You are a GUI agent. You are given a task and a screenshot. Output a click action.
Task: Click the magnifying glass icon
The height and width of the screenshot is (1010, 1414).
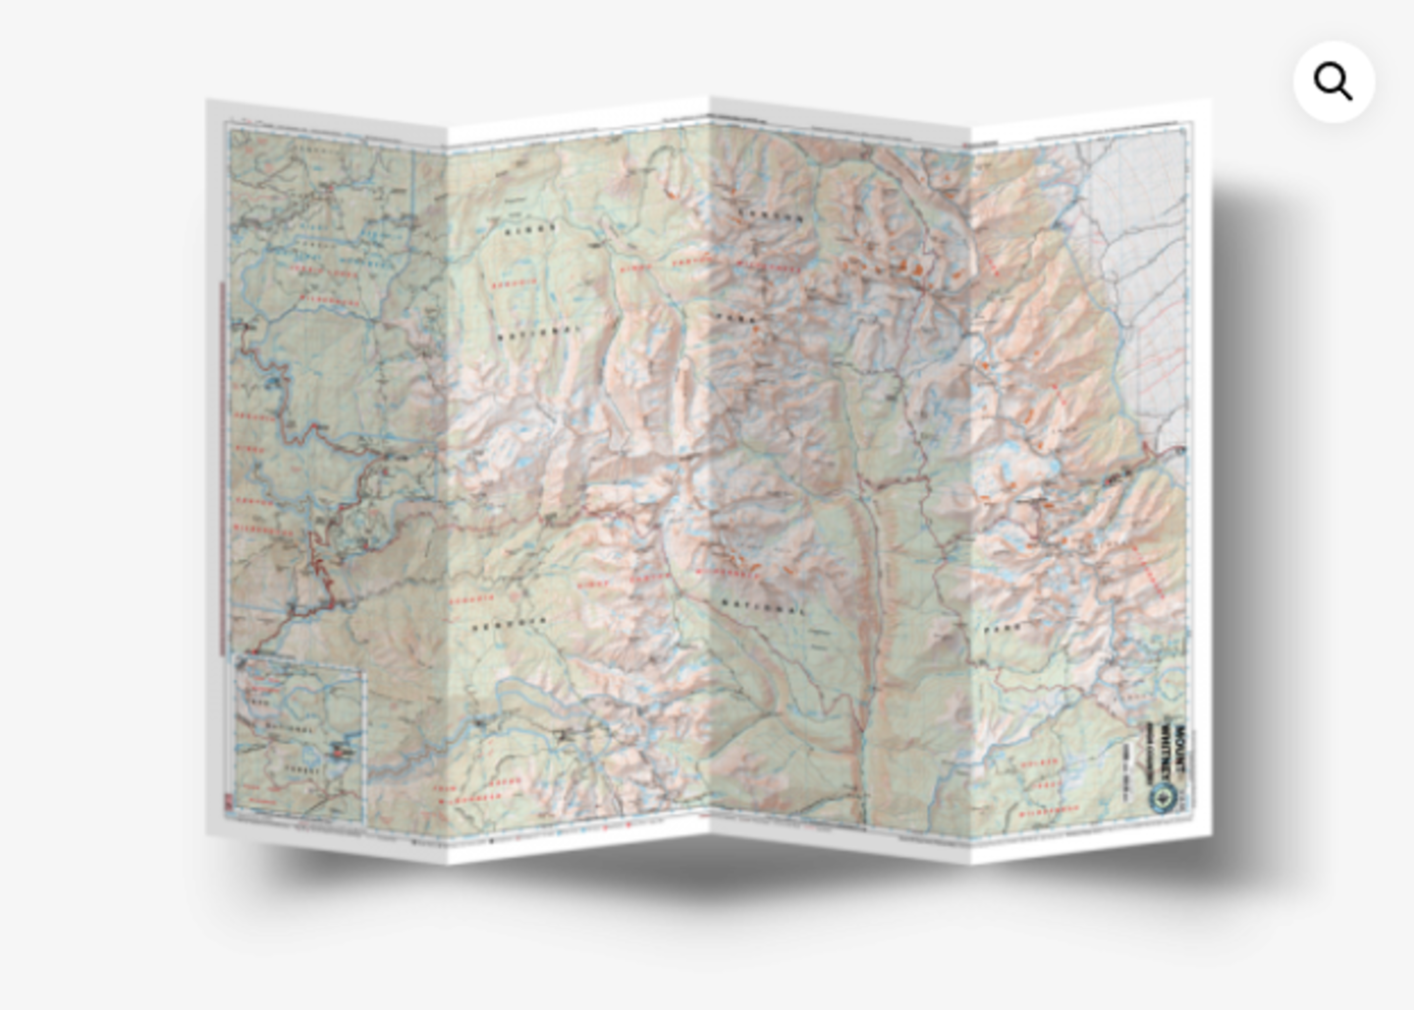click(x=1332, y=82)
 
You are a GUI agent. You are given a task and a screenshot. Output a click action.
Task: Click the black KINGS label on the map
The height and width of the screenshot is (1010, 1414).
click(x=529, y=230)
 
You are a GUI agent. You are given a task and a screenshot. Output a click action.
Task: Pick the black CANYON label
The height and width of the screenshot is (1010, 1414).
click(x=770, y=216)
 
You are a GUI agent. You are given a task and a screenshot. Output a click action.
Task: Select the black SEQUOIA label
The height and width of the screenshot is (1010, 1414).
click(x=509, y=626)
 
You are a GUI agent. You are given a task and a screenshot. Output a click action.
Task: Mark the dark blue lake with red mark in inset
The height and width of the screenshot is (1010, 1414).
click(x=343, y=752)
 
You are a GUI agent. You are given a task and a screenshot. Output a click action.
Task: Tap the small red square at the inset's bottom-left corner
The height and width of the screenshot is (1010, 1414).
click(x=230, y=808)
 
